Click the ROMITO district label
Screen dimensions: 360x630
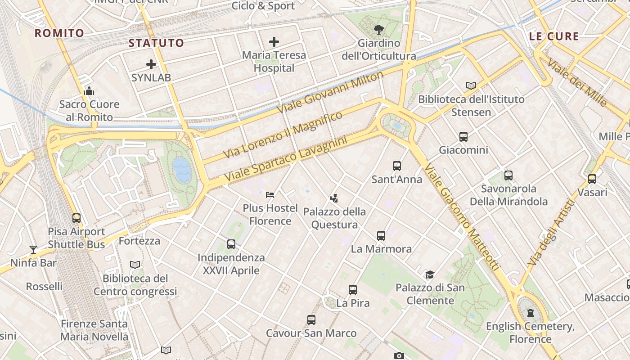point(59,33)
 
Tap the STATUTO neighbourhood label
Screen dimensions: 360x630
point(156,43)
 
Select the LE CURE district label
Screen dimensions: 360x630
point(554,36)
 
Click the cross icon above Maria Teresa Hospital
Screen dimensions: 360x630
point(274,42)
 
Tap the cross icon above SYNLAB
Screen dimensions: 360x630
point(151,64)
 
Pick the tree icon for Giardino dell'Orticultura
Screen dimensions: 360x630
point(378,30)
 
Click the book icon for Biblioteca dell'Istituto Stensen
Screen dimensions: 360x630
point(471,85)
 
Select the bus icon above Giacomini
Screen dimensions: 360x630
point(463,137)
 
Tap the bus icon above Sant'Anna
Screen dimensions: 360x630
point(397,166)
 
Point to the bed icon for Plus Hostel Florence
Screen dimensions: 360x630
point(270,194)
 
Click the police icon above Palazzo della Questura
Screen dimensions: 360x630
point(334,198)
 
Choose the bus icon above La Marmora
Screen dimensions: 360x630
point(381,235)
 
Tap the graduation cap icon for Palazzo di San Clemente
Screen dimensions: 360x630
point(430,274)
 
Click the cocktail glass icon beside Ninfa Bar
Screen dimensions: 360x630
point(33,249)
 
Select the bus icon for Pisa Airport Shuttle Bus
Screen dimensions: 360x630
point(76,218)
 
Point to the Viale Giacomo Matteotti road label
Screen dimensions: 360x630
point(462,216)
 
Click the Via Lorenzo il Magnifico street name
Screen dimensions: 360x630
point(283,134)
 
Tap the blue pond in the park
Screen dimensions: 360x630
point(181,170)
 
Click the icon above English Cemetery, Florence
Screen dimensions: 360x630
point(531,312)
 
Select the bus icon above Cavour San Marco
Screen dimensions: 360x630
point(311,320)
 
